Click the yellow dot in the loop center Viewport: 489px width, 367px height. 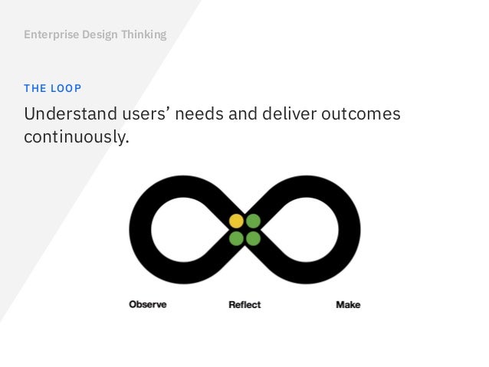pyautogui.click(x=236, y=221)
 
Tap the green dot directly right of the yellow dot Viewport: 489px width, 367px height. pyautogui.click(x=254, y=221)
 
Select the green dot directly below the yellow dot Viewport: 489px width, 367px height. pyautogui.click(x=236, y=238)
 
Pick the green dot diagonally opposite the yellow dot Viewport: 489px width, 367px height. pyautogui.click(x=254, y=238)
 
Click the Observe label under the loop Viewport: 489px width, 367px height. pyautogui.click(x=147, y=304)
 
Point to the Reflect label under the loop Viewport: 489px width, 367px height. pyautogui.click(x=244, y=304)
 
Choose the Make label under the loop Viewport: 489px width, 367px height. pyautogui.click(x=348, y=304)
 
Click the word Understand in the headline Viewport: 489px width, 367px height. pyautogui.click(x=67, y=115)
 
